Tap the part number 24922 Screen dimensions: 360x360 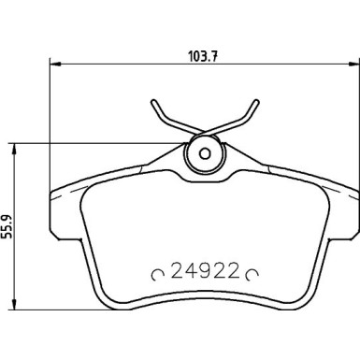(204, 274)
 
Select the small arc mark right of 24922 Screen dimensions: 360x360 (251, 275)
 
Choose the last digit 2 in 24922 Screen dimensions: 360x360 (233, 274)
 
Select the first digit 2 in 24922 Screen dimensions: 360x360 (175, 274)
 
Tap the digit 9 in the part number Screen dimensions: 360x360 (204, 274)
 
